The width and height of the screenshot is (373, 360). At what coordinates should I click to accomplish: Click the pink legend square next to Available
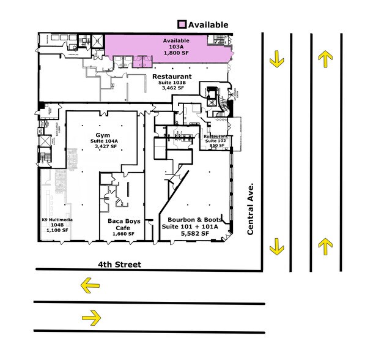tap(182, 24)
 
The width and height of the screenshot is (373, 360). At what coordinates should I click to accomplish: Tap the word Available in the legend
tap(208, 24)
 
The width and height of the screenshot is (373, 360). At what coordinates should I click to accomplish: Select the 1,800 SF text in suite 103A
tap(176, 53)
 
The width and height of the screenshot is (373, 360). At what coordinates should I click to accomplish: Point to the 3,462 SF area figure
tap(173, 89)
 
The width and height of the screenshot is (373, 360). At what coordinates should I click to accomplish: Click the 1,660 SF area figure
tap(124, 234)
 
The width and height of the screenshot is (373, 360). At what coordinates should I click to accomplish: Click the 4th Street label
tap(119, 264)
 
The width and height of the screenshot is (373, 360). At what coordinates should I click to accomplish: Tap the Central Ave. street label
tap(250, 208)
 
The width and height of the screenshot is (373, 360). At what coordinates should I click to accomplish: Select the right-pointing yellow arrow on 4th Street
tap(90, 317)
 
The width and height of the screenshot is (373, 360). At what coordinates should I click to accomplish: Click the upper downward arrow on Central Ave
tap(278, 59)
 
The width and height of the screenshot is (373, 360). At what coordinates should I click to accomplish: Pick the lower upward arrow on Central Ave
tap(325, 246)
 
